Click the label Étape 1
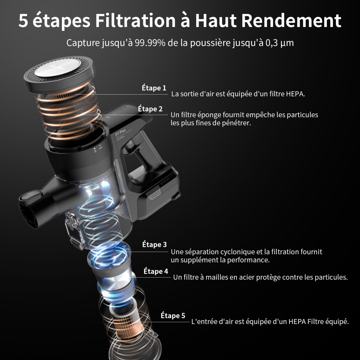tap(154, 88)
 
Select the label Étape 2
tap(150, 109)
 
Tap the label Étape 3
tap(154, 244)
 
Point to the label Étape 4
tap(156, 271)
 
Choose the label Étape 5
tap(173, 316)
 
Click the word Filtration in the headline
tap(135, 21)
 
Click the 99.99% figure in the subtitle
tap(150, 43)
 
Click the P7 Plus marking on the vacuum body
tap(120, 132)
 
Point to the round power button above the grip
tap(130, 142)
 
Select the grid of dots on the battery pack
tap(155, 195)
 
